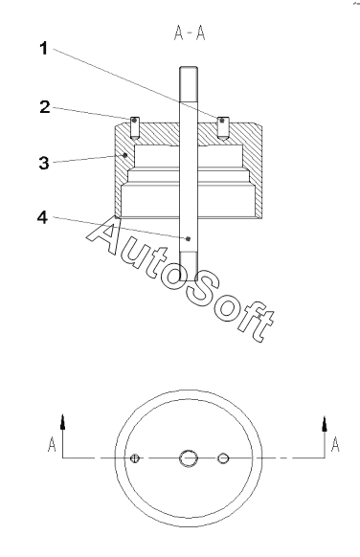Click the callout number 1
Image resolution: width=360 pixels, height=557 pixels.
coord(43,48)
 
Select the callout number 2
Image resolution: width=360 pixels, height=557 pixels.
coord(45,107)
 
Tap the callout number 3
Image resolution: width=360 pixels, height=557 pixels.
coord(44,163)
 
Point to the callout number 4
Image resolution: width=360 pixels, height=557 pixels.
coord(43,217)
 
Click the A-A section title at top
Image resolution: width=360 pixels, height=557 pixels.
coord(190,33)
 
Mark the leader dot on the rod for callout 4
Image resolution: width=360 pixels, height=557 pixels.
coord(189,238)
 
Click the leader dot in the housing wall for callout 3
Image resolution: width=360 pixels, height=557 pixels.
coord(124,155)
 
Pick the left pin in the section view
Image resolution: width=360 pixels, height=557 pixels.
coord(135,127)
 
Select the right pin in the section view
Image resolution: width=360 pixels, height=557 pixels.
coord(223,127)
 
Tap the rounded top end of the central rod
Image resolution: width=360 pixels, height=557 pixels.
coord(189,68)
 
